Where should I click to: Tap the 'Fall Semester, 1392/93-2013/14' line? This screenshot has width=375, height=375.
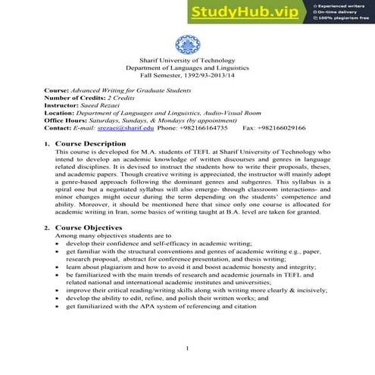click(x=187, y=75)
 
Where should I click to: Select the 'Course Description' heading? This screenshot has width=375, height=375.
click(x=97, y=143)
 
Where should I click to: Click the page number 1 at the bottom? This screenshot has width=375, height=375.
click(x=187, y=348)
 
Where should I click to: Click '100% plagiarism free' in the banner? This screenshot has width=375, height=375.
click(x=343, y=23)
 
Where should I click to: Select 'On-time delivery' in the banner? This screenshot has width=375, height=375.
click(x=339, y=14)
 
